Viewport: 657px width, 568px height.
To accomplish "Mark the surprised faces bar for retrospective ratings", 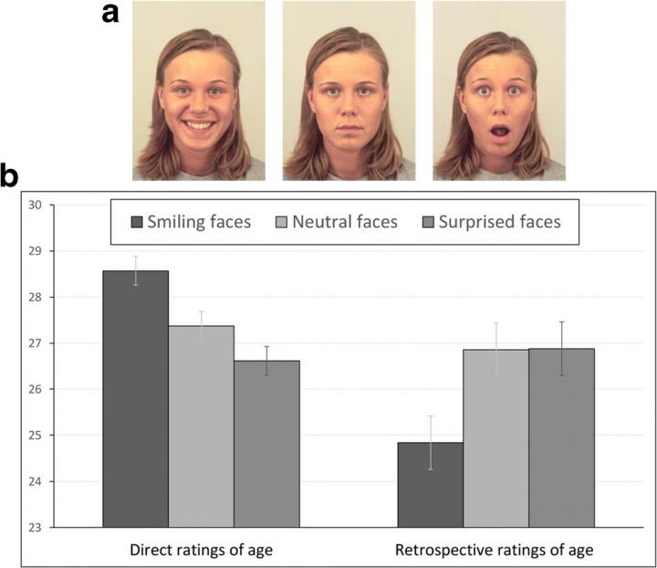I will click(561, 438).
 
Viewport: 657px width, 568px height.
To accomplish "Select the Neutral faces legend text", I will click(345, 222).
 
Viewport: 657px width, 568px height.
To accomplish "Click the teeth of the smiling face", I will click(197, 127).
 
